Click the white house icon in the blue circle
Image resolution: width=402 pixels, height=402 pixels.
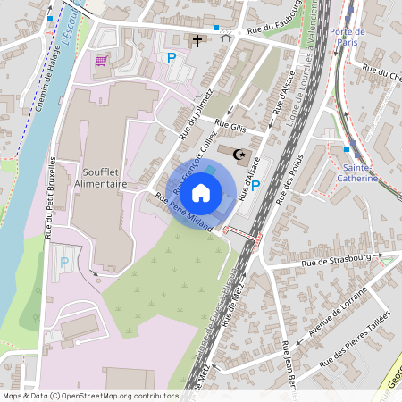[x=201, y=191]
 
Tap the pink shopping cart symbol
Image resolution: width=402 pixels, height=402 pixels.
[x=102, y=61]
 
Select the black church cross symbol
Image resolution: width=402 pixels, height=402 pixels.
[x=197, y=40]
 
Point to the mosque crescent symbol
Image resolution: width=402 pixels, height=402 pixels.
[x=239, y=155]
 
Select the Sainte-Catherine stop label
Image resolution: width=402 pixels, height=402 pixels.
[x=360, y=172]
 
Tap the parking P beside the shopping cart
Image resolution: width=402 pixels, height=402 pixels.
[x=172, y=58]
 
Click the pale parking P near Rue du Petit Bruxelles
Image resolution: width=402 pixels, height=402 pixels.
[x=63, y=263]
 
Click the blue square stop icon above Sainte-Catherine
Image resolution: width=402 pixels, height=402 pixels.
[x=347, y=147]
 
